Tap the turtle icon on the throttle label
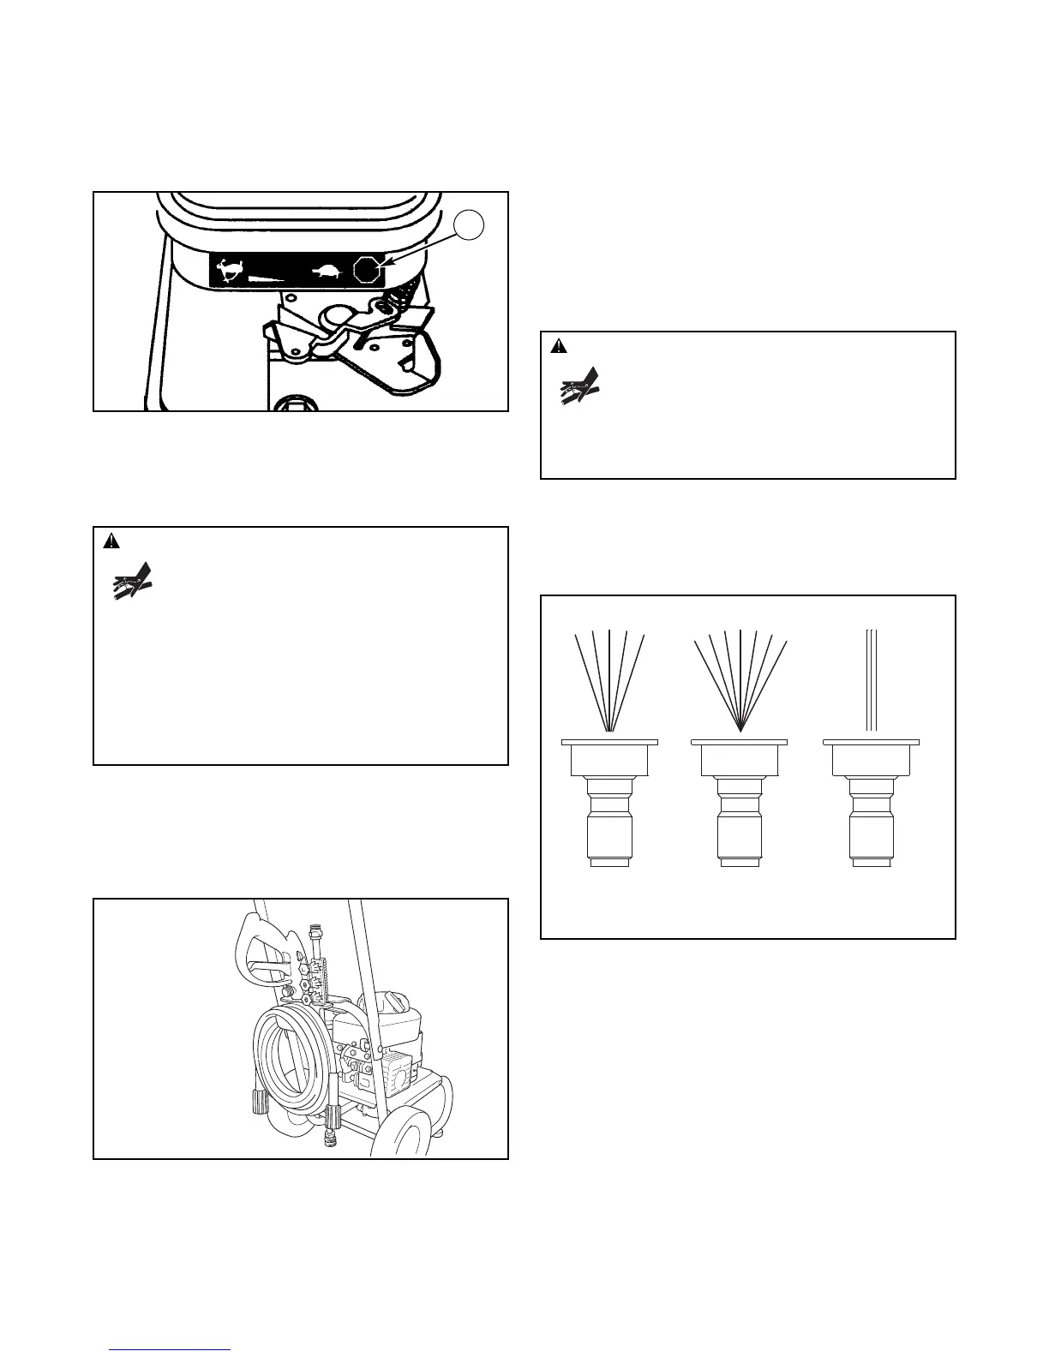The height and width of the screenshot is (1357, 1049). tap(327, 272)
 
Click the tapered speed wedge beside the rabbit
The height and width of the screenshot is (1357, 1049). tap(266, 278)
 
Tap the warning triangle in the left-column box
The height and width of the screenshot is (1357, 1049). tap(111, 541)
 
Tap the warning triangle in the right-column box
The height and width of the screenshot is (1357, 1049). tap(559, 346)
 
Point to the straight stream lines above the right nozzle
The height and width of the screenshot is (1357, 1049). tap(871, 681)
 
